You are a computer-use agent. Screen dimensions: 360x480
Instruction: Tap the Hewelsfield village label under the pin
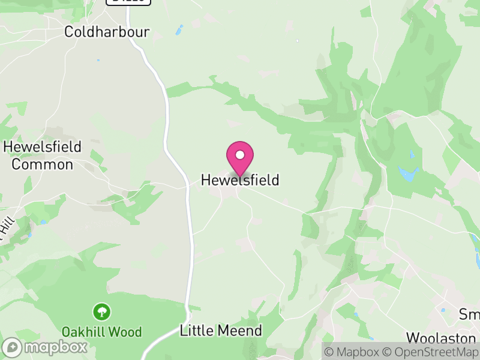(240, 180)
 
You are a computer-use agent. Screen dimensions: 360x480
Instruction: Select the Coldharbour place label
(107, 32)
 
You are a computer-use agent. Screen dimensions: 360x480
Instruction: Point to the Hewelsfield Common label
(42, 155)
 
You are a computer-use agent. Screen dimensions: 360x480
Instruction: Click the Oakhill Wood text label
(101, 332)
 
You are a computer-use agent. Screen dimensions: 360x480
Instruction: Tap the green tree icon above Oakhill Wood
(101, 311)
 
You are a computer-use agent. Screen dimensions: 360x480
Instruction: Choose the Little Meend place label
(221, 331)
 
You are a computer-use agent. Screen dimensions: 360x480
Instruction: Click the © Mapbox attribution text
(357, 352)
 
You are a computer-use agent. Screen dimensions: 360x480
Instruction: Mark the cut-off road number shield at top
(128, 2)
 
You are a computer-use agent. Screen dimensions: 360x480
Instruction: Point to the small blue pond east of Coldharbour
(179, 29)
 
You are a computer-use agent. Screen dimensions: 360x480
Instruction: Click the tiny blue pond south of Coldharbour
(98, 60)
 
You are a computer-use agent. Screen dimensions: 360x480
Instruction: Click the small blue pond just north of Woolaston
(443, 310)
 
